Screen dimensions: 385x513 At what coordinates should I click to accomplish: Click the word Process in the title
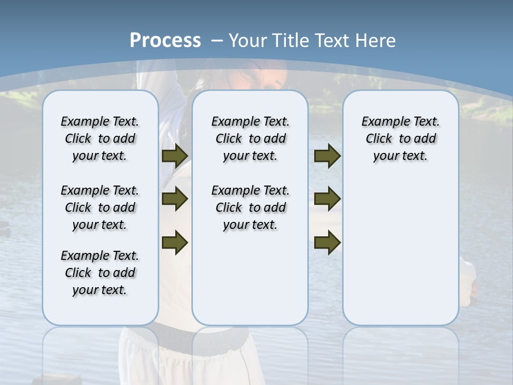click(x=165, y=40)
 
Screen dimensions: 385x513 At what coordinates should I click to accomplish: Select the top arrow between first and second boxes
click(x=175, y=156)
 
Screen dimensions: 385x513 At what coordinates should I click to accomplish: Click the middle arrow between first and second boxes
click(x=175, y=199)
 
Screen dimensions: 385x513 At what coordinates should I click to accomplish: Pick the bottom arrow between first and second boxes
click(x=175, y=242)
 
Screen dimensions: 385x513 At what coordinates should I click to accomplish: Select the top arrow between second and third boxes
click(x=327, y=156)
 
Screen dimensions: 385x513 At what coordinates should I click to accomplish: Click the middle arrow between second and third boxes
click(x=327, y=199)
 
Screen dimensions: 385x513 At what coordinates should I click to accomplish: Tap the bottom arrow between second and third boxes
click(x=327, y=242)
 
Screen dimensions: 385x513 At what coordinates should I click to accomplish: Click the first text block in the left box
click(x=100, y=138)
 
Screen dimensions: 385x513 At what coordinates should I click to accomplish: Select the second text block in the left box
click(x=100, y=207)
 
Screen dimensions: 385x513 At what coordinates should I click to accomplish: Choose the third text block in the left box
click(x=100, y=273)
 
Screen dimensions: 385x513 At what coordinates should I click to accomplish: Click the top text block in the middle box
click(x=250, y=138)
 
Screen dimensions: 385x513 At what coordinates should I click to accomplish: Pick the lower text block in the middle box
click(x=250, y=207)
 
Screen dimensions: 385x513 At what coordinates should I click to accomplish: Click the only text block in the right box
click(x=400, y=138)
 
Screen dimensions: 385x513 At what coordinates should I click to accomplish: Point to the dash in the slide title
click(x=217, y=41)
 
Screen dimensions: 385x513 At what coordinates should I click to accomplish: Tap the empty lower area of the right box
click(x=400, y=251)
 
